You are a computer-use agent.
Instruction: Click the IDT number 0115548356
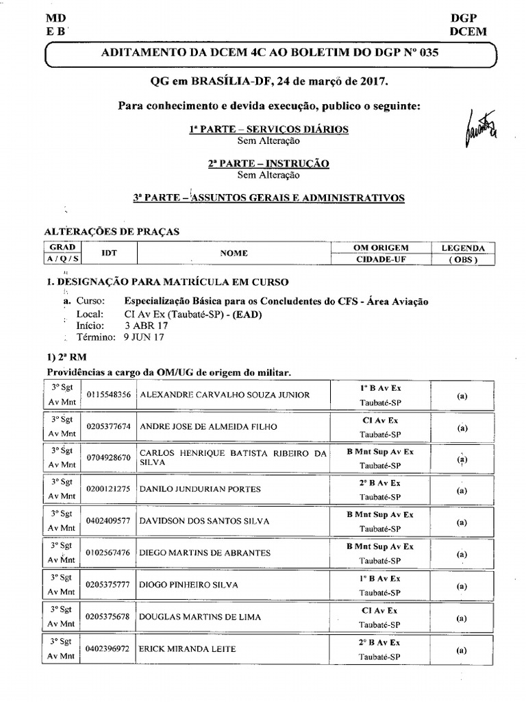109,395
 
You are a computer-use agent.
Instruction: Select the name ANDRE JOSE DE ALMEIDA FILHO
208,426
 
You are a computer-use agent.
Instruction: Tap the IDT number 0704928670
109,458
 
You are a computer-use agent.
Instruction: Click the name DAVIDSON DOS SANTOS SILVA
204,521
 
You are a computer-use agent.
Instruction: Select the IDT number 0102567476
109,553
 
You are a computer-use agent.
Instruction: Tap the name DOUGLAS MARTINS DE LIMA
200,617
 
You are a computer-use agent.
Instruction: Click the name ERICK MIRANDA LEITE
187,649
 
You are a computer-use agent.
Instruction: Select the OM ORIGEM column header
381,247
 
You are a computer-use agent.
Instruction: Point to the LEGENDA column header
463,247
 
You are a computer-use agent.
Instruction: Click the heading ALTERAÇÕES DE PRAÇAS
112,232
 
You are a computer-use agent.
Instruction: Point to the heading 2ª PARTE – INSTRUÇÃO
268,163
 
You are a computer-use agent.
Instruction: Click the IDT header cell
109,254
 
